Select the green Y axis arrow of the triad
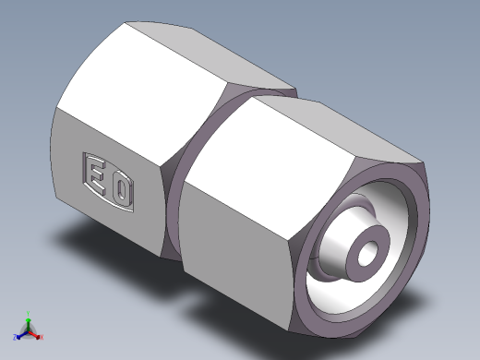pos(29,317)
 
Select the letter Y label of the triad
pos(30,311)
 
